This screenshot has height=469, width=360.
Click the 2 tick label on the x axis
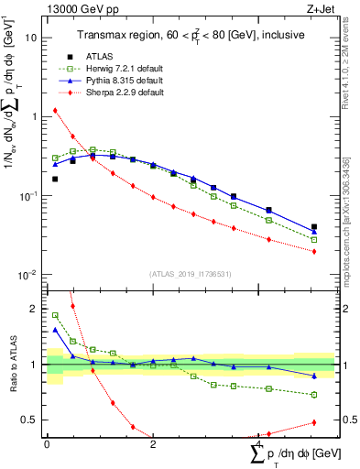pos(153,444)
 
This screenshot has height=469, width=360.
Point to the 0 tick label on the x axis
pos(47,444)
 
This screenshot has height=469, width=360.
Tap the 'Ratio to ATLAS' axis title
pos(12,365)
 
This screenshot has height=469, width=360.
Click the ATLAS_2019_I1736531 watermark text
pos(191,274)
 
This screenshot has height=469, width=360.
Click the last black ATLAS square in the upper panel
pos(314,226)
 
